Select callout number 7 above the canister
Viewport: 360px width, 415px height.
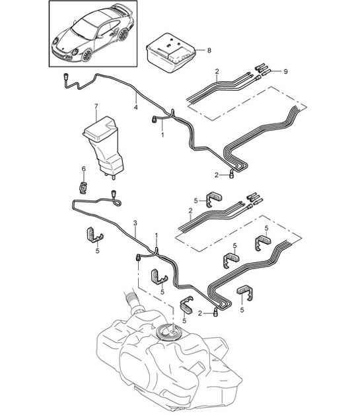click(96, 106)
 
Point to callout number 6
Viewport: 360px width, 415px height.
click(83, 169)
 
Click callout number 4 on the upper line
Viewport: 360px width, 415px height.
click(135, 106)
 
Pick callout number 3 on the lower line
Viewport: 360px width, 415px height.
click(135, 223)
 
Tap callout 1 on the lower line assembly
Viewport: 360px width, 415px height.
click(157, 235)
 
